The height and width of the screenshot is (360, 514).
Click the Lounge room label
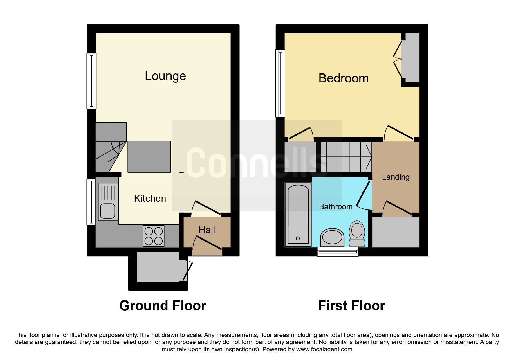pos(165,76)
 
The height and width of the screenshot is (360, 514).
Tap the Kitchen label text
pos(150,199)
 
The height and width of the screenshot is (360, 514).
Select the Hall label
pos(207,230)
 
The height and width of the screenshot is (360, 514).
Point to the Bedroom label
pos(344,78)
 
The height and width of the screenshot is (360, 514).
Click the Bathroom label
pos(336,206)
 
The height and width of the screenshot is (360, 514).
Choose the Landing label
pos(396,177)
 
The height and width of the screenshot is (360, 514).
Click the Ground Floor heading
pos(163,306)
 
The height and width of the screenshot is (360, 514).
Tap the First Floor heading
pos(351,306)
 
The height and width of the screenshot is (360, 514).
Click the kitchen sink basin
pos(108,210)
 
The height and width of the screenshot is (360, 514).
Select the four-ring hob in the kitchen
pos(154,236)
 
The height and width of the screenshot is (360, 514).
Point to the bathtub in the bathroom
pos(298,215)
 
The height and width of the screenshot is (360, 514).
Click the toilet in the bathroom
pos(357,234)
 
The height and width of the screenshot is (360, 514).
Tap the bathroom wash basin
pos(332,237)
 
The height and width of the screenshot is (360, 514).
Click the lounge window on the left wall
pos(92,81)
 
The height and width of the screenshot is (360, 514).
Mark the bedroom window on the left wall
pos(280,83)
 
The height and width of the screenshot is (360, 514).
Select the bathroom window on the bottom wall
pos(338,251)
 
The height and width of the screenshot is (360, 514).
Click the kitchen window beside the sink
pos(91,202)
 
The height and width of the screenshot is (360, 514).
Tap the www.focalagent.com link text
pos(324,349)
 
